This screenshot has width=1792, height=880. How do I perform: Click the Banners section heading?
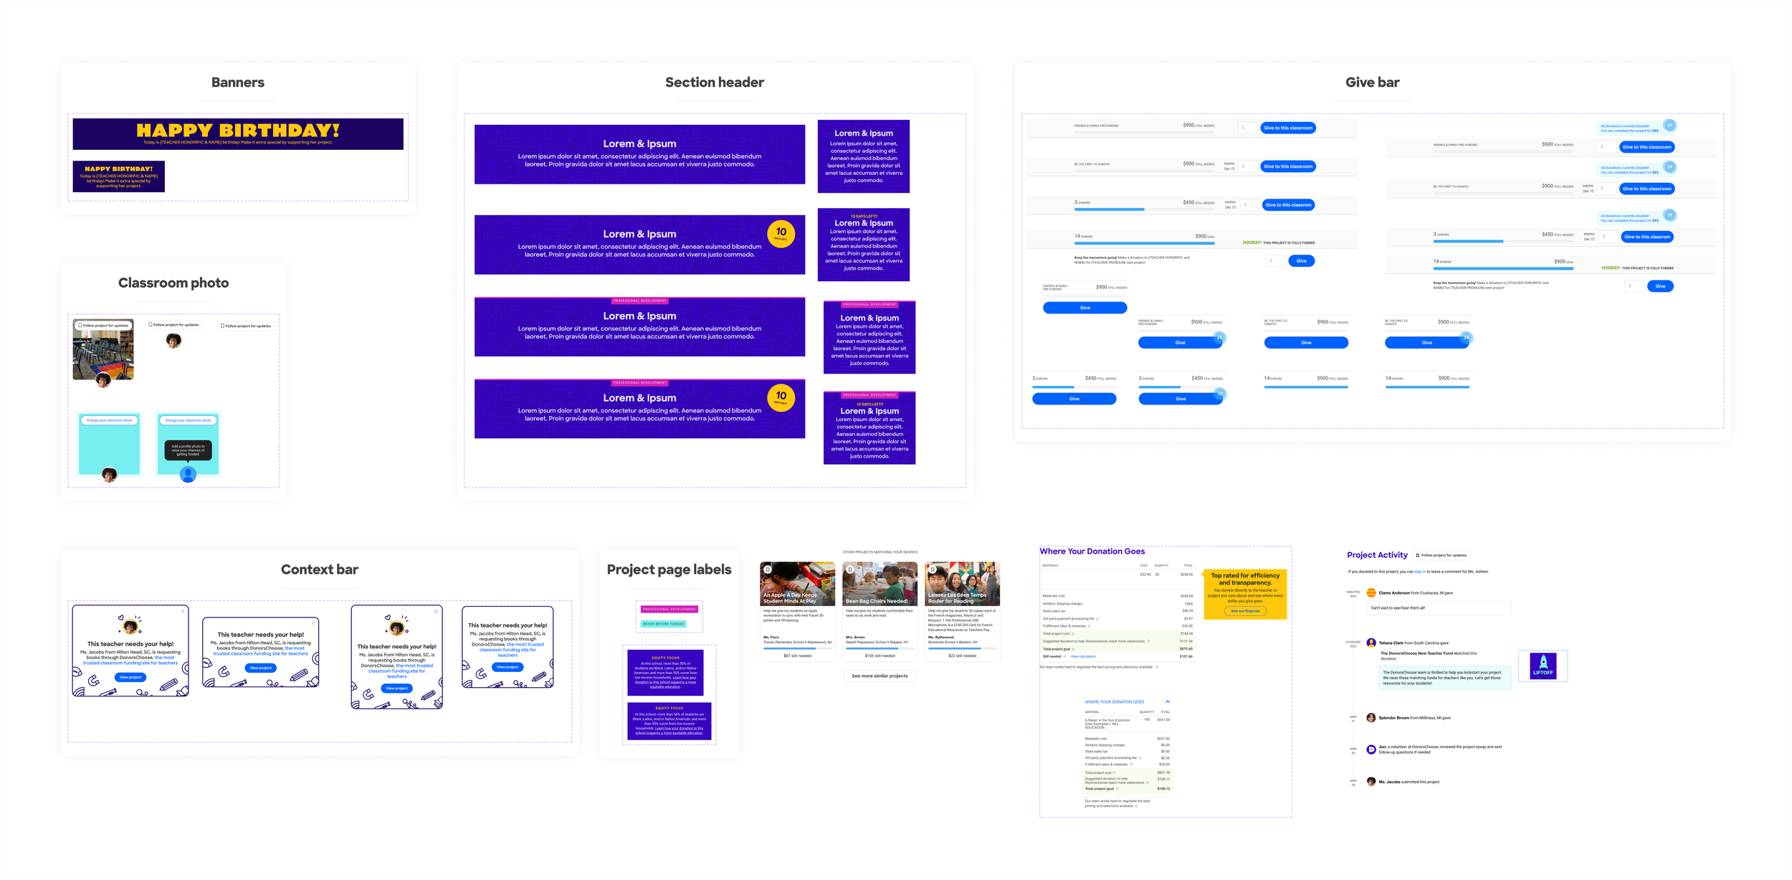click(238, 82)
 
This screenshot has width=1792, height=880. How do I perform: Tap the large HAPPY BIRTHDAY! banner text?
click(238, 131)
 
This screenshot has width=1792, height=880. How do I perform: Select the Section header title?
click(714, 82)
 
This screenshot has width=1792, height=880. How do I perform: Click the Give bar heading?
click(1372, 82)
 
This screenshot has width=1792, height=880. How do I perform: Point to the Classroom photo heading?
click(173, 283)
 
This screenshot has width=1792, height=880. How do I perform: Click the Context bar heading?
click(319, 569)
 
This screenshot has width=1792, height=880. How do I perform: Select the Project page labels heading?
click(669, 569)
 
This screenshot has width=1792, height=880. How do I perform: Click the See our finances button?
click(1245, 611)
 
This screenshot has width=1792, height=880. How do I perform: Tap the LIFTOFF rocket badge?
click(1543, 666)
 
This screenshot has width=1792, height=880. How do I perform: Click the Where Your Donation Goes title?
click(1092, 552)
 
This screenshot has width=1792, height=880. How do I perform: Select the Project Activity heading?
click(1376, 555)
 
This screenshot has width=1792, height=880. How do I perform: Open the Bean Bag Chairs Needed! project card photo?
click(880, 584)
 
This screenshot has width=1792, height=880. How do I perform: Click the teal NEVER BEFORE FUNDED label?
click(663, 624)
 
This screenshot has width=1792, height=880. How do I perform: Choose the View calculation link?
click(1082, 656)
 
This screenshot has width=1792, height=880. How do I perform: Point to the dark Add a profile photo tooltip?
click(188, 450)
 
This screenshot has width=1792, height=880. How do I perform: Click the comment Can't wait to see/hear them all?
click(1398, 608)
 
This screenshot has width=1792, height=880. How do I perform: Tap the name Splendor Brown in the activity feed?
click(1393, 718)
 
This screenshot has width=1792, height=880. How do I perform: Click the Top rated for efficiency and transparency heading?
click(1245, 579)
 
